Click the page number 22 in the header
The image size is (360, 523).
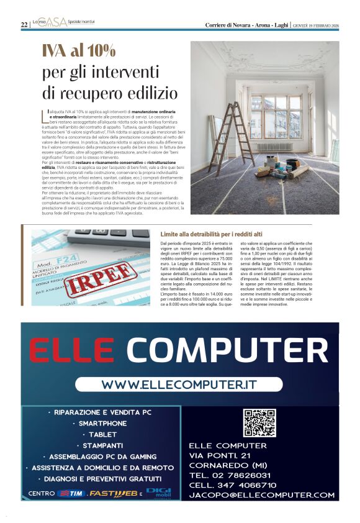click(x=24, y=25)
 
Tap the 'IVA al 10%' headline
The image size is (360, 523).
click(x=79, y=50)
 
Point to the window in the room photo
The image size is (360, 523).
click(x=276, y=116)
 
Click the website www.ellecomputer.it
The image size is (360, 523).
click(x=179, y=384)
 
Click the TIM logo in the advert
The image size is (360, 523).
click(x=71, y=494)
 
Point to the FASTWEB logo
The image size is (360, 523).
click(x=113, y=494)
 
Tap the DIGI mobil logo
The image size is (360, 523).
click(x=158, y=493)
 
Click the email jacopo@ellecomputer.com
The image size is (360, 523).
click(x=261, y=495)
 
